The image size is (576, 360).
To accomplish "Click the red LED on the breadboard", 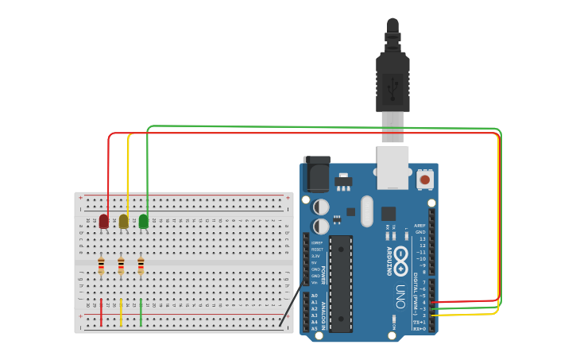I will (103, 221).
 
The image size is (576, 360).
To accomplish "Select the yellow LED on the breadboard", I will (123, 221).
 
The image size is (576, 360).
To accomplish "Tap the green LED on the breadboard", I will (144, 221).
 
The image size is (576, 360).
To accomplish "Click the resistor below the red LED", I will (101, 266).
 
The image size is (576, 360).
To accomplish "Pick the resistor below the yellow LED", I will (121, 266).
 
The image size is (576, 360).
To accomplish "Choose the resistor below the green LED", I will (141, 266).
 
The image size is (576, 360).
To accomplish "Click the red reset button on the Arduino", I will (425, 180).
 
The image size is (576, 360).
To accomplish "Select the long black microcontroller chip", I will (341, 283).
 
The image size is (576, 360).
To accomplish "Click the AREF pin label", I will (420, 226).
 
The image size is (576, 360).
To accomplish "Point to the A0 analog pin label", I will (315, 296).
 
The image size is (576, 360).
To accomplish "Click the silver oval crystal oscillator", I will (366, 211).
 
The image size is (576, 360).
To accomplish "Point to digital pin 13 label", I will (422, 238).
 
